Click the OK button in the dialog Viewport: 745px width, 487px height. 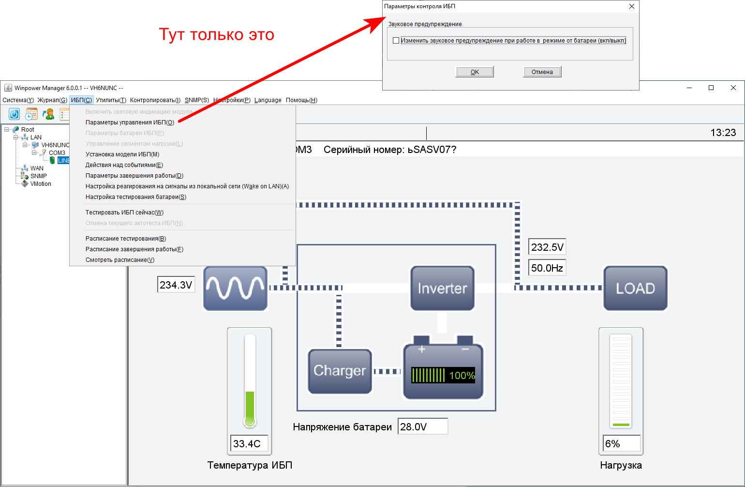click(x=475, y=72)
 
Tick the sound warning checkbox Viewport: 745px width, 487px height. click(x=396, y=41)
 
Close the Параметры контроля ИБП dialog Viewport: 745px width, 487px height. click(x=631, y=6)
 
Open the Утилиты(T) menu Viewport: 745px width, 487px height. click(x=111, y=100)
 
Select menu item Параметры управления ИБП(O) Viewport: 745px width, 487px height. click(x=130, y=122)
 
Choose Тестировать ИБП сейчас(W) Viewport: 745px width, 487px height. click(x=124, y=213)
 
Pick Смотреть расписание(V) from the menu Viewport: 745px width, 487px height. click(x=119, y=260)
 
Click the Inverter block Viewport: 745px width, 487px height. click(x=442, y=288)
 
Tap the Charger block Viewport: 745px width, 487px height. click(x=340, y=371)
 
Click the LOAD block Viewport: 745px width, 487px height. click(x=635, y=288)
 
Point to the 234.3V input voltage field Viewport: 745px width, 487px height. click(x=176, y=285)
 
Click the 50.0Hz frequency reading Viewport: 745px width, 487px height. click(x=547, y=268)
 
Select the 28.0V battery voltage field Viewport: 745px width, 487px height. click(x=422, y=427)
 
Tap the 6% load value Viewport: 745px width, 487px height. click(x=622, y=444)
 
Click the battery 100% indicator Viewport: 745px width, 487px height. click(x=443, y=375)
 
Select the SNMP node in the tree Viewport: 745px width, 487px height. click(x=38, y=176)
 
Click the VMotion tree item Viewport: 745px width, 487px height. click(x=41, y=184)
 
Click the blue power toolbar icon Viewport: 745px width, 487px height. click(x=15, y=114)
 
